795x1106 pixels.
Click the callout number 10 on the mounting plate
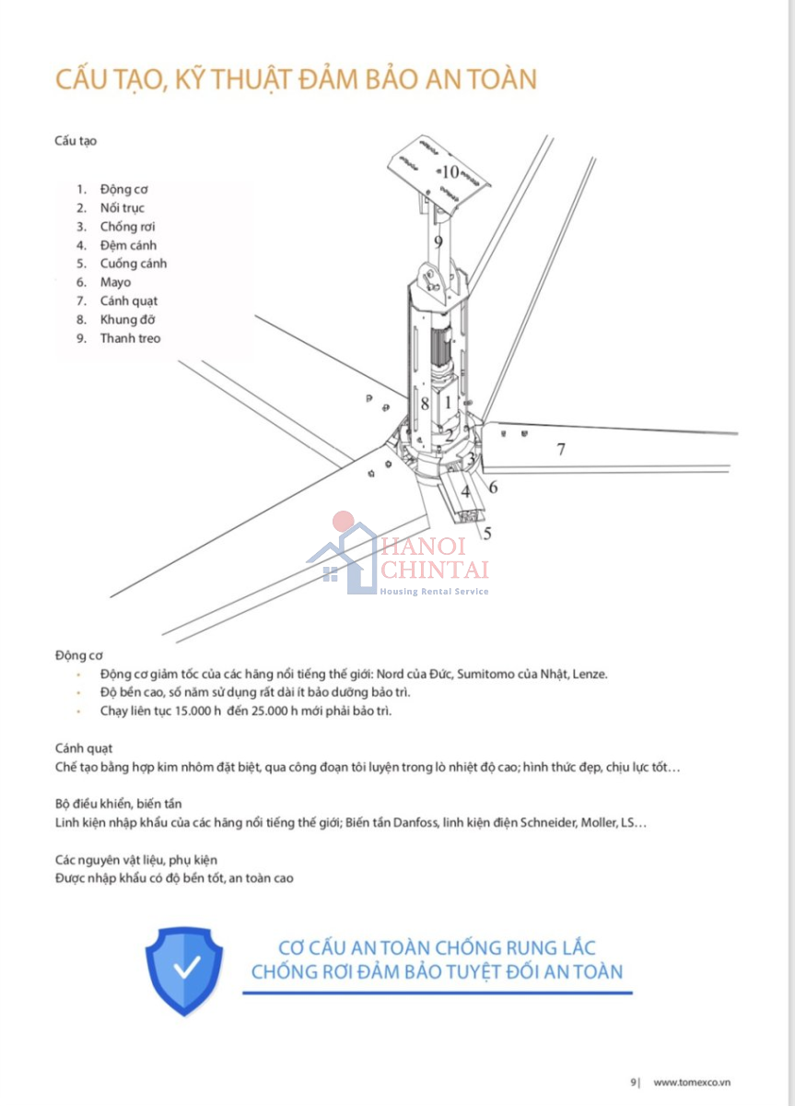[450, 171]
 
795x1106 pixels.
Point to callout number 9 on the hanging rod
[438, 241]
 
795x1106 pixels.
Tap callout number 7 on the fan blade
[559, 450]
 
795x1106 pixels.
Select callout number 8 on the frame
[425, 403]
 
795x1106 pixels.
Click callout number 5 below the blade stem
[487, 533]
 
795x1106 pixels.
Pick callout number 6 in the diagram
[493, 487]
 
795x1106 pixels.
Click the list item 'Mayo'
[116, 282]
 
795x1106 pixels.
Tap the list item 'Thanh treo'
[130, 338]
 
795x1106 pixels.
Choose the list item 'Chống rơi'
[127, 227]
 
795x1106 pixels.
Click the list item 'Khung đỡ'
[128, 320]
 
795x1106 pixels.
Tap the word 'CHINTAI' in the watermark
[435, 571]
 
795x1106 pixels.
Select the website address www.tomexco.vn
[692, 1082]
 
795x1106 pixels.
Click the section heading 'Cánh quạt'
[83, 748]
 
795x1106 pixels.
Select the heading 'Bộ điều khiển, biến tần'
[117, 804]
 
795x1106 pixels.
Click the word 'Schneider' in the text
[547, 822]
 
